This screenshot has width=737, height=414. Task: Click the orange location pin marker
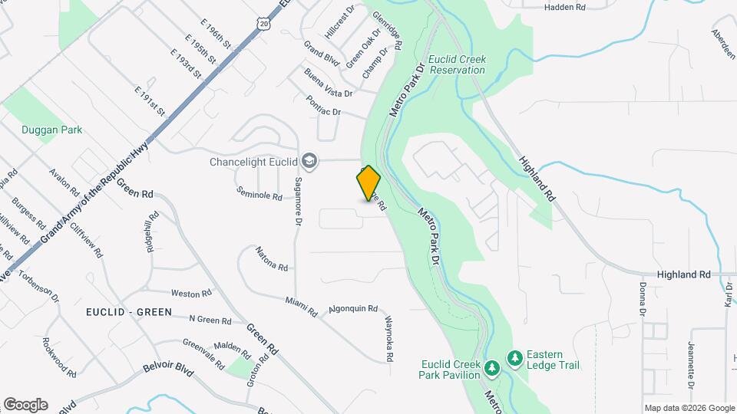(368, 183)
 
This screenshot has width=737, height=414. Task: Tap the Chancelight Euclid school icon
(309, 160)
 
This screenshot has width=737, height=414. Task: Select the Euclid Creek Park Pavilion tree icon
(491, 369)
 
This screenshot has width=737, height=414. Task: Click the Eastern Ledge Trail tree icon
(514, 358)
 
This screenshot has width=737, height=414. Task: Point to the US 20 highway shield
(265, 25)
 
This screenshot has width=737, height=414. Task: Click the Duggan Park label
(52, 130)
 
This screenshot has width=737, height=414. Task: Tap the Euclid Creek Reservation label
(457, 64)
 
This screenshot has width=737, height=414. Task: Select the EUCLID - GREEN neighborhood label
(129, 314)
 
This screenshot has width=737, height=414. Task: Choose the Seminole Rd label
(259, 195)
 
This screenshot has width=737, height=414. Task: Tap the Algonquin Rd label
(353, 309)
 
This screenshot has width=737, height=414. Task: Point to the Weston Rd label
(191, 294)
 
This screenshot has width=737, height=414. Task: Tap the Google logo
(25, 404)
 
